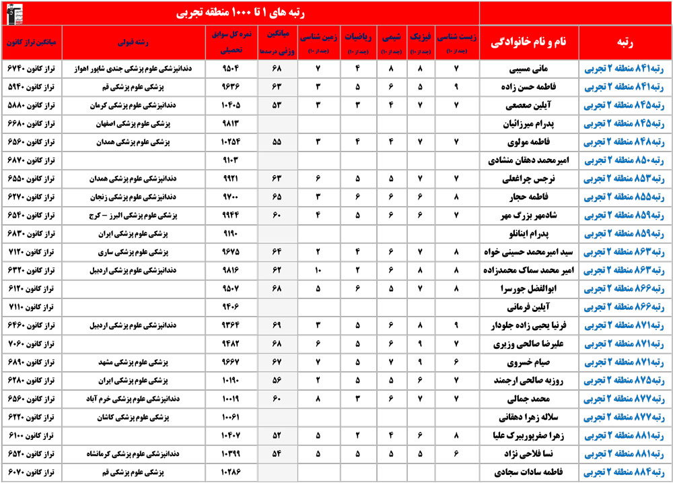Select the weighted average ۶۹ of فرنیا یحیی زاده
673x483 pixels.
tap(275, 325)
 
